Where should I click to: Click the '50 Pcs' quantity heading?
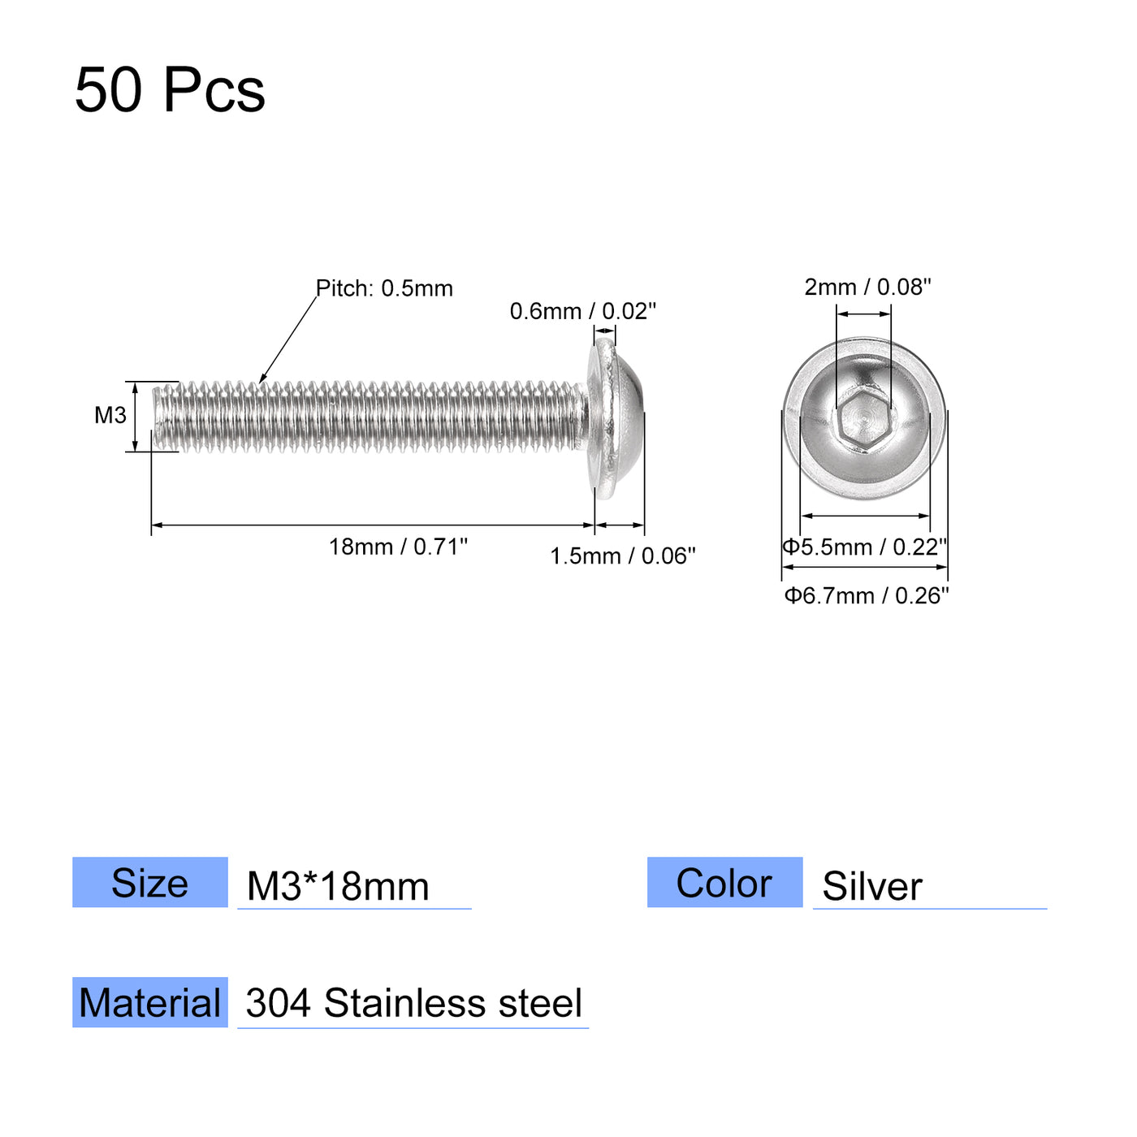(x=170, y=89)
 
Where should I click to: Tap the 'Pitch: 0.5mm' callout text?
(x=384, y=288)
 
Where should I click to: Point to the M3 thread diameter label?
(x=110, y=416)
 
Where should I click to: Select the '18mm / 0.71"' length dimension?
(x=398, y=547)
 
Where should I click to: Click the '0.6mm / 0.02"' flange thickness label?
(x=582, y=311)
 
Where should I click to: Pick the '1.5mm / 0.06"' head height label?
(x=622, y=556)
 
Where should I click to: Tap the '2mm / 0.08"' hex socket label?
(x=867, y=287)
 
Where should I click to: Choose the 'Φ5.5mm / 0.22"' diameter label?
(x=865, y=547)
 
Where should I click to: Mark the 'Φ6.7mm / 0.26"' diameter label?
(x=866, y=595)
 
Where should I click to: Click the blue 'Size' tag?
(x=150, y=883)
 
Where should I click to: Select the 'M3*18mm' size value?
(x=338, y=886)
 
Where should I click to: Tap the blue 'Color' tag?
(x=724, y=883)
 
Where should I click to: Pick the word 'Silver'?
(x=872, y=886)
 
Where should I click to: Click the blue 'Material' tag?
(x=150, y=1003)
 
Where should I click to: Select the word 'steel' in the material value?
(x=540, y=1003)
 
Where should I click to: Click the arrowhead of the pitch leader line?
(x=262, y=379)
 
